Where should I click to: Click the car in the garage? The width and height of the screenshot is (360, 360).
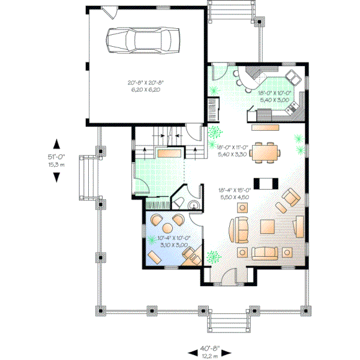point(143,40)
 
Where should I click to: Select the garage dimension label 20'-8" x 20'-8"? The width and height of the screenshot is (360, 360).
point(146,86)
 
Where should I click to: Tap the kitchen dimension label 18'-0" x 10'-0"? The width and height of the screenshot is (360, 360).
point(275,96)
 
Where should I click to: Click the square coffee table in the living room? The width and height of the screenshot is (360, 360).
point(268,227)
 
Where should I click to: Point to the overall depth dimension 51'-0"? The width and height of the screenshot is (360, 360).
point(56,160)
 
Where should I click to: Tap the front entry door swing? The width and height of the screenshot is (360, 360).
point(228,276)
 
